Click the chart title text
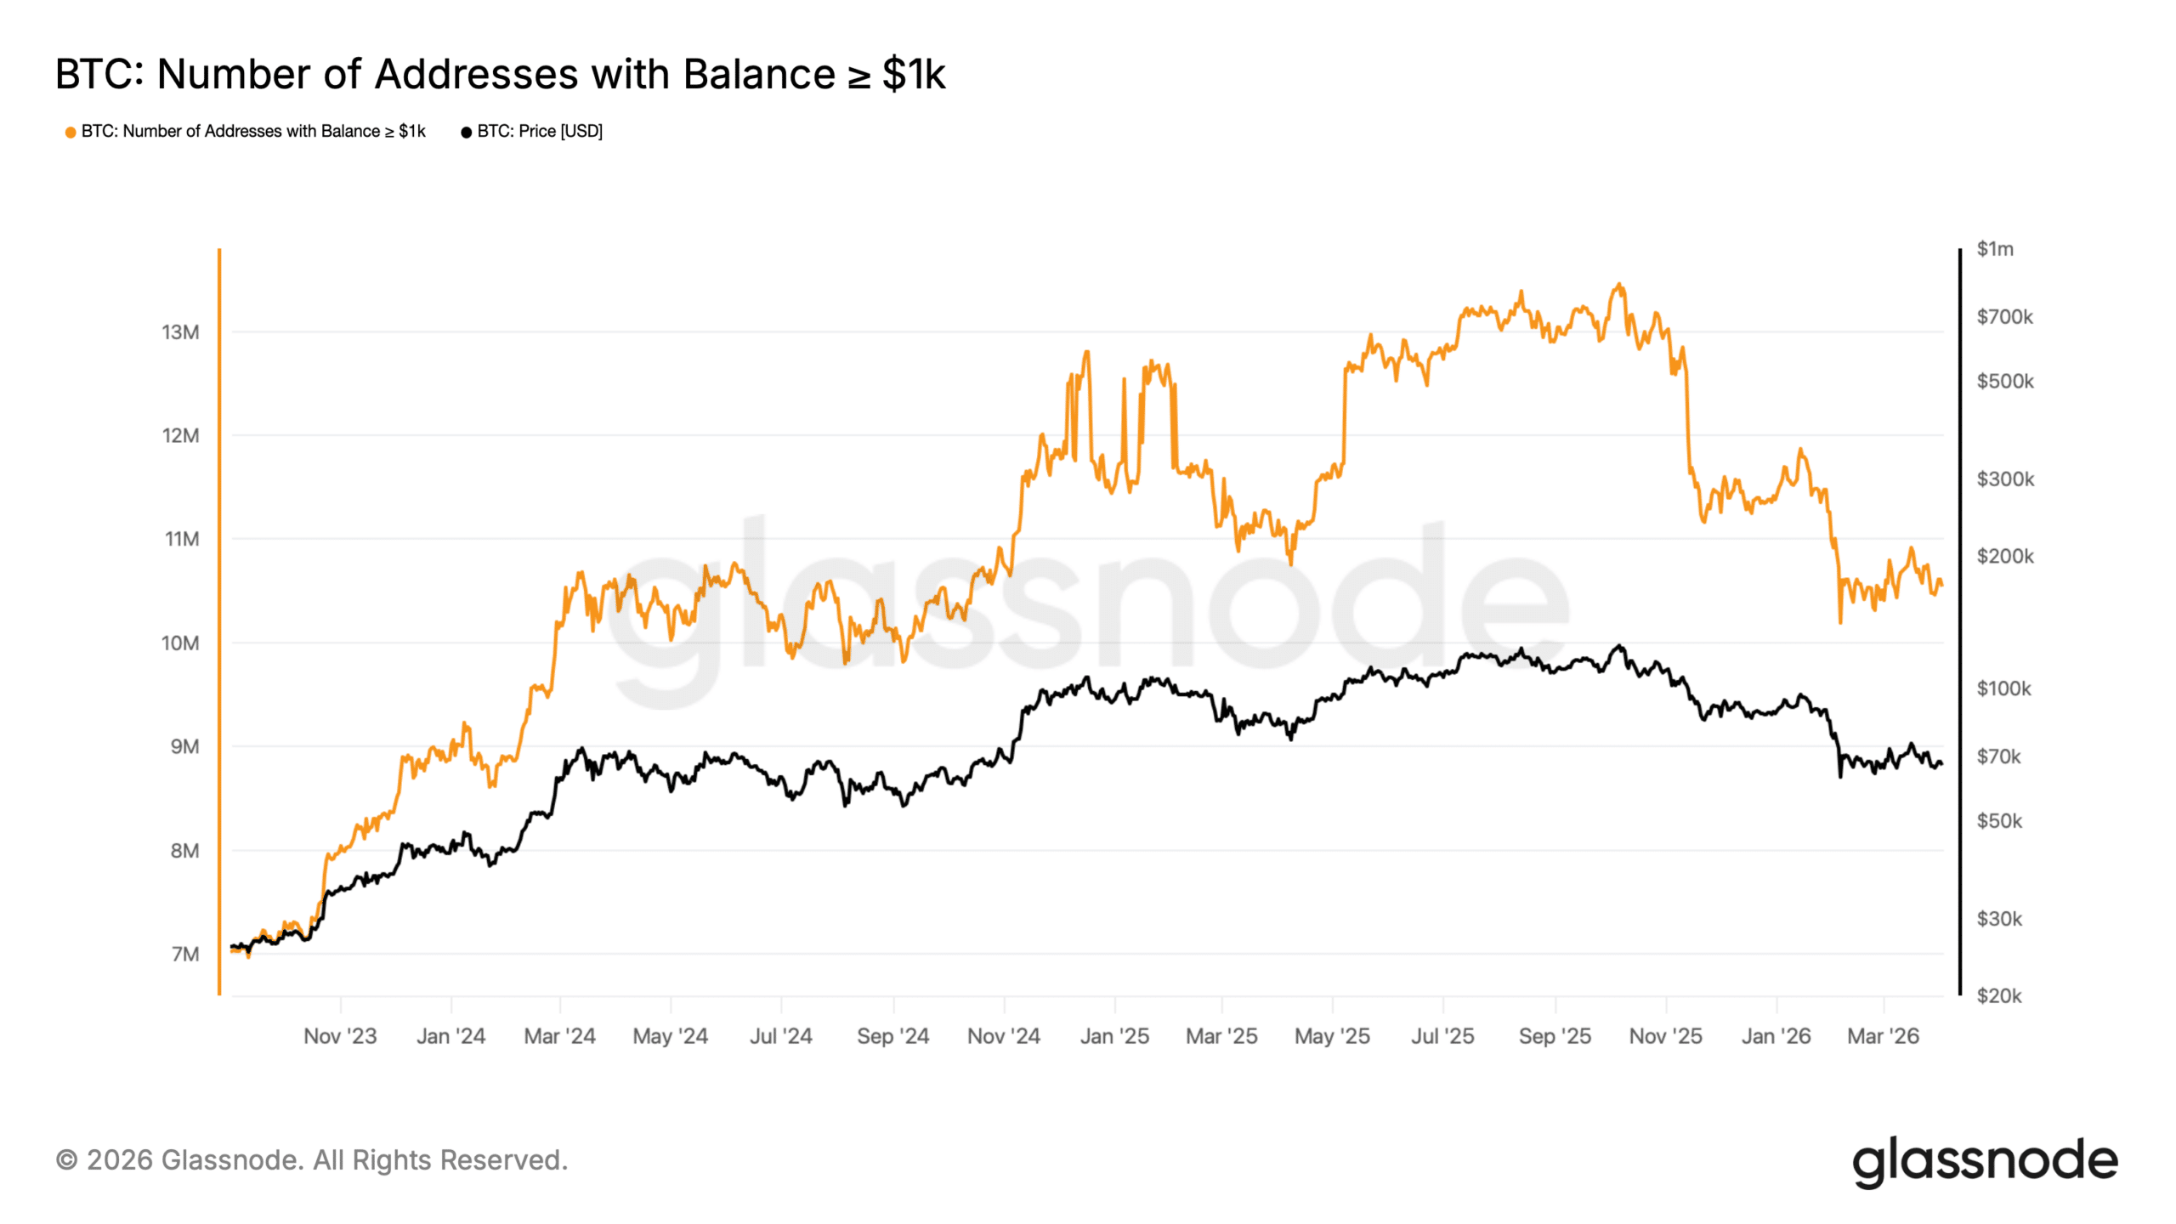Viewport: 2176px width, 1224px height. tap(500, 74)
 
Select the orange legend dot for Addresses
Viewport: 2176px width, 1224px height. tap(71, 132)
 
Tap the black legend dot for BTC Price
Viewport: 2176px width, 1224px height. tap(466, 132)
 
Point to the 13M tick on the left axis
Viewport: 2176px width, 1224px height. tap(180, 332)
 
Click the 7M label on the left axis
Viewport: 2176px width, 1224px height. tap(184, 954)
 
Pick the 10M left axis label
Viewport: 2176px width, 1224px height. tap(180, 643)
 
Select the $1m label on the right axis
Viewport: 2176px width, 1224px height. tap(1994, 249)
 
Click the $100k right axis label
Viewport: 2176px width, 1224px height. tap(2003, 688)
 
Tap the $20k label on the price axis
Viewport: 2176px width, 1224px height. tap(1998, 995)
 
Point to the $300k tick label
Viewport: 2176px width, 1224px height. tap(2004, 479)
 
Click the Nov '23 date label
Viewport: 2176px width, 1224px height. tap(340, 1036)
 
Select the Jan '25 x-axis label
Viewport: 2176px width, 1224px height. tap(1113, 1036)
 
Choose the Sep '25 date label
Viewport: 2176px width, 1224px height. tap(1555, 1036)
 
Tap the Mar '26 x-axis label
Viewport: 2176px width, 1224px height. tap(1883, 1036)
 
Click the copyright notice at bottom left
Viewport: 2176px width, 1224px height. tap(311, 1160)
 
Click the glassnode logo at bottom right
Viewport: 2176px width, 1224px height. tap(1985, 1161)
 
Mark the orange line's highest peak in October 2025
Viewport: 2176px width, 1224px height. tap(1619, 285)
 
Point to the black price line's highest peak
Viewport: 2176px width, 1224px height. tap(1619, 646)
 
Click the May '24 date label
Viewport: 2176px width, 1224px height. tap(670, 1036)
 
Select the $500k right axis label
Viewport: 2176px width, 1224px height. tap(2004, 382)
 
